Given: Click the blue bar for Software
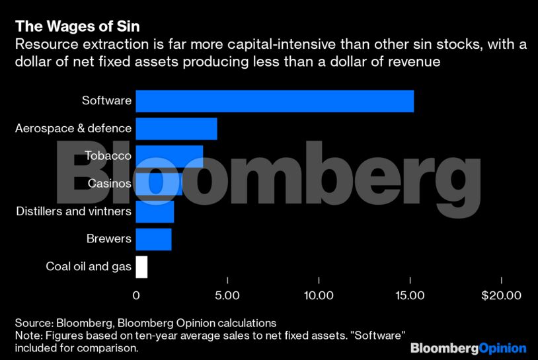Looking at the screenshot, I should click(274, 101).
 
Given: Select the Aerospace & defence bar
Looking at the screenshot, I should click(176, 128).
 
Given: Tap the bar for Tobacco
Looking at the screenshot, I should click(169, 157).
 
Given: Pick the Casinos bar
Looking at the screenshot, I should click(159, 184).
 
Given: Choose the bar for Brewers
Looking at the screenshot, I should click(153, 239).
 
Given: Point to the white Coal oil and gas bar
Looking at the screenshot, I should click(141, 267).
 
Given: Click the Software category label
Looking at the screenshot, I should click(106, 101).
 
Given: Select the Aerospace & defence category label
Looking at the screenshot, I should click(73, 128).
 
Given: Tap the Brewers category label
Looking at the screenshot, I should click(109, 239).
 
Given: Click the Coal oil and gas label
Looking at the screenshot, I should click(89, 267).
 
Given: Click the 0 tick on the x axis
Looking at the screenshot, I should click(136, 295).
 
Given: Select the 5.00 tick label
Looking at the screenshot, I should click(227, 295).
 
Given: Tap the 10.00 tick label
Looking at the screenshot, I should click(319, 295).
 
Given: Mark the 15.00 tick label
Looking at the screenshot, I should click(410, 295).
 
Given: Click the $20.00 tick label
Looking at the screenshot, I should click(501, 295).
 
